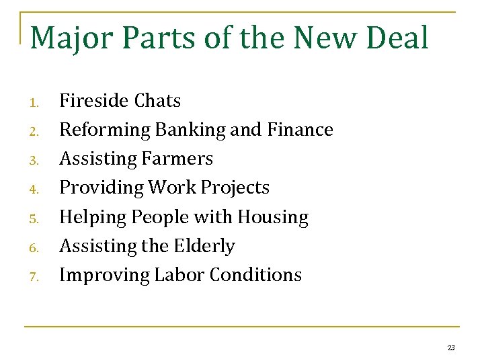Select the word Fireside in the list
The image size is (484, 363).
click(93, 101)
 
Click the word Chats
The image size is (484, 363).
click(157, 101)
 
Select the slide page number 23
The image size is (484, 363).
click(451, 348)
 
